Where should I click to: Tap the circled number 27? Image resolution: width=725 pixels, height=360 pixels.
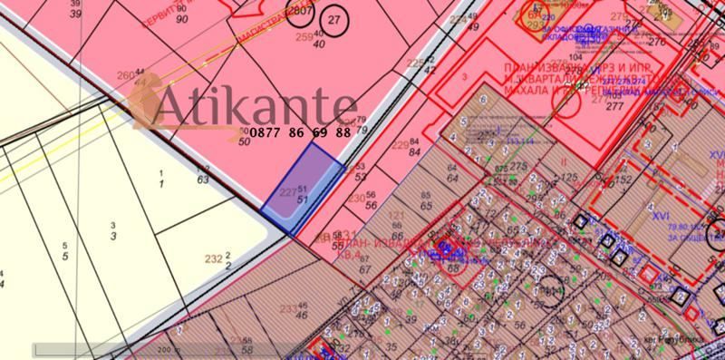click(335, 19)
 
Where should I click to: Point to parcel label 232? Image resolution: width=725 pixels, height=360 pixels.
click(214, 259)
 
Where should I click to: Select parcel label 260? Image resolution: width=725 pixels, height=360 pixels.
click(125, 73)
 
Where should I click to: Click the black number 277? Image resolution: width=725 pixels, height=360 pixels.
click(616, 106)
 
